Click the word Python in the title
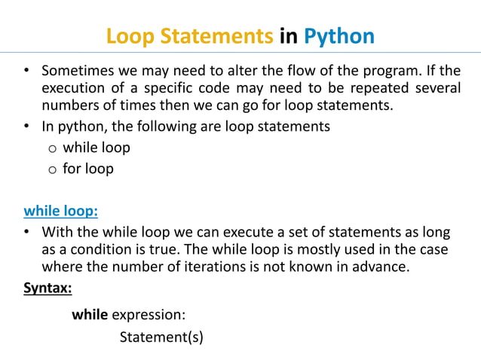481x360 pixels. tap(339, 36)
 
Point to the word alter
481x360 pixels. tap(240, 72)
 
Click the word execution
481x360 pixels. tap(75, 88)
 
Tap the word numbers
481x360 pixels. tap(70, 105)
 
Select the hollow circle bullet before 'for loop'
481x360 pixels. tap(52, 169)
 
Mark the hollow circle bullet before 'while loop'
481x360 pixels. tap(52, 148)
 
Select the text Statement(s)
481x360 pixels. tap(161, 337)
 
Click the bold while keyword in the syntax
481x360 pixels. tap(90, 314)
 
